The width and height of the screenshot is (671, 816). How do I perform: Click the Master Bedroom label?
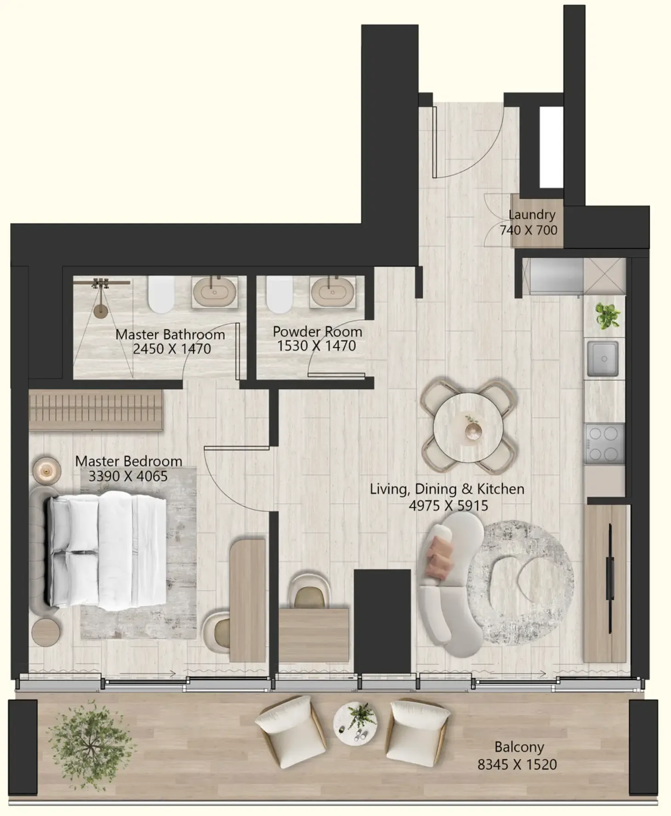point(129,461)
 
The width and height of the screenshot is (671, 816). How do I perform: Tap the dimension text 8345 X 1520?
point(517,764)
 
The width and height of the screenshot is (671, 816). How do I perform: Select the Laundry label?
point(532,215)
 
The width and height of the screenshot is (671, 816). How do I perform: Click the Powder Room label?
point(317,332)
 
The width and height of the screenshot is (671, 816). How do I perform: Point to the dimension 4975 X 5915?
point(448,506)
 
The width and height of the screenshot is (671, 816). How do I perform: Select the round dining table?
point(467,426)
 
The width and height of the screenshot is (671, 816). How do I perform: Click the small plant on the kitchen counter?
point(607,316)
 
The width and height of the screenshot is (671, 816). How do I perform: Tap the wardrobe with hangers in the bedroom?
point(96,410)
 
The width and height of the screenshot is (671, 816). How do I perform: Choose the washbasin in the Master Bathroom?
point(215,292)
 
